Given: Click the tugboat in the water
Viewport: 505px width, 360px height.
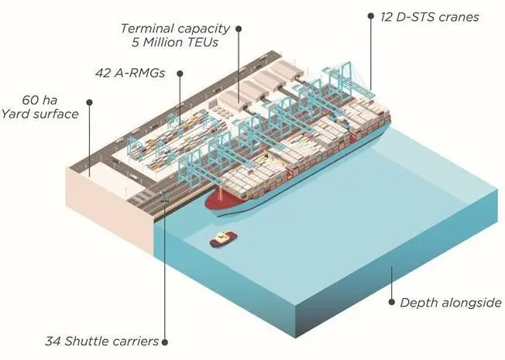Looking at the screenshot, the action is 223,239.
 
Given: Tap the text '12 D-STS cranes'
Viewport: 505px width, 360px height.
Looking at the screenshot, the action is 430,17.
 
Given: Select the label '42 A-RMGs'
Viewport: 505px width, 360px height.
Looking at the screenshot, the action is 130,73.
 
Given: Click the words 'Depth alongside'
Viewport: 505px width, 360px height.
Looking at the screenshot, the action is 451,303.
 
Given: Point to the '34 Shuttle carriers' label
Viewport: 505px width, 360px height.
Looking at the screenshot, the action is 101,341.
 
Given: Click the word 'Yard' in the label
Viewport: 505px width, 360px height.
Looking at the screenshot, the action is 15,114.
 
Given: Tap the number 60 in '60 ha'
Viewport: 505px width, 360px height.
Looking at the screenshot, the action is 29,100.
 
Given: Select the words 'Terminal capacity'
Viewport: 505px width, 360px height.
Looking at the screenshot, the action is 175,29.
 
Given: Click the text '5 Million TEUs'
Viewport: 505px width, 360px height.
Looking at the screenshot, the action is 175,42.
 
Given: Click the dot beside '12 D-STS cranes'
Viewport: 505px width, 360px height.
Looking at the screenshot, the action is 371,15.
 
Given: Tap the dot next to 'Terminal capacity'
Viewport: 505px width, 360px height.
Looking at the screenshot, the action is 239,29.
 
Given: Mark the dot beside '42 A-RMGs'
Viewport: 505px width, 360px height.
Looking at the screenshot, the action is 180,74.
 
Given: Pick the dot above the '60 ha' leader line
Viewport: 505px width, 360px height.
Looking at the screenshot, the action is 90,102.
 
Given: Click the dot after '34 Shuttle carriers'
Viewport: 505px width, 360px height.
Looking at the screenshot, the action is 164,342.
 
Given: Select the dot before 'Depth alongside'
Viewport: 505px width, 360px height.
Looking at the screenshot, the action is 392,302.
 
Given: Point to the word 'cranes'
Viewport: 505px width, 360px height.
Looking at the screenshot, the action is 459,17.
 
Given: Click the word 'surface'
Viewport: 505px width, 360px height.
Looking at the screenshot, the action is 56,115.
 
